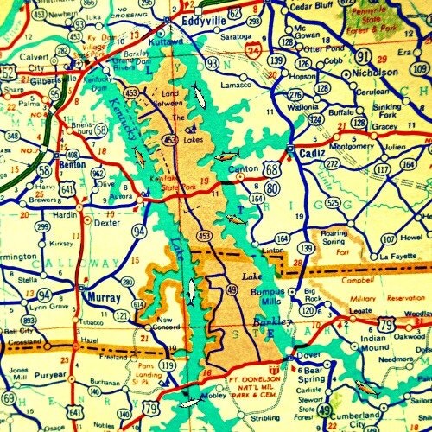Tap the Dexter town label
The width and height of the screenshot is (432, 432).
106,222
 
